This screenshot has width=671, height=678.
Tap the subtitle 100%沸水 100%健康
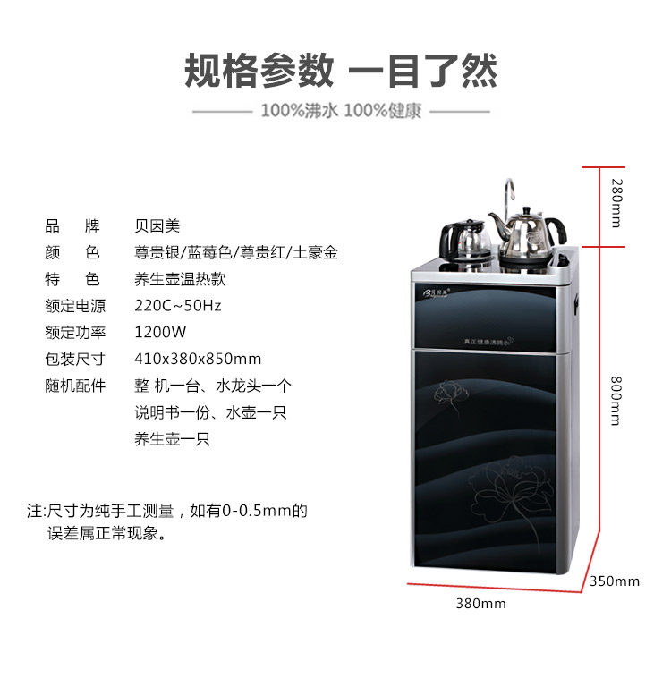click(x=341, y=112)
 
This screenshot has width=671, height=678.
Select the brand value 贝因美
click(x=157, y=225)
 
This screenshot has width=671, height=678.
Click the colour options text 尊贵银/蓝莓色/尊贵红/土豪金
click(x=236, y=252)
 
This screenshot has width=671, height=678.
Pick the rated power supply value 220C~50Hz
click(x=177, y=306)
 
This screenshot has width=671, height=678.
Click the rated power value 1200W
click(x=160, y=333)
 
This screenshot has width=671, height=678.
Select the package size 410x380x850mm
click(x=198, y=360)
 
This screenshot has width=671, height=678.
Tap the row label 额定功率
click(x=75, y=333)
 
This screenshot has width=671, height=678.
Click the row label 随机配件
click(x=75, y=386)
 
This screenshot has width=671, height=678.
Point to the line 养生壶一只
click(x=173, y=440)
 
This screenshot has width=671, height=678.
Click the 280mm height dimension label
click(x=616, y=203)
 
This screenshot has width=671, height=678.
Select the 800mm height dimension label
click(x=616, y=400)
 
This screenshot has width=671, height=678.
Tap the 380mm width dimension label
click(x=480, y=604)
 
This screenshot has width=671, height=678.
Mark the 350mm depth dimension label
click(x=615, y=581)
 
